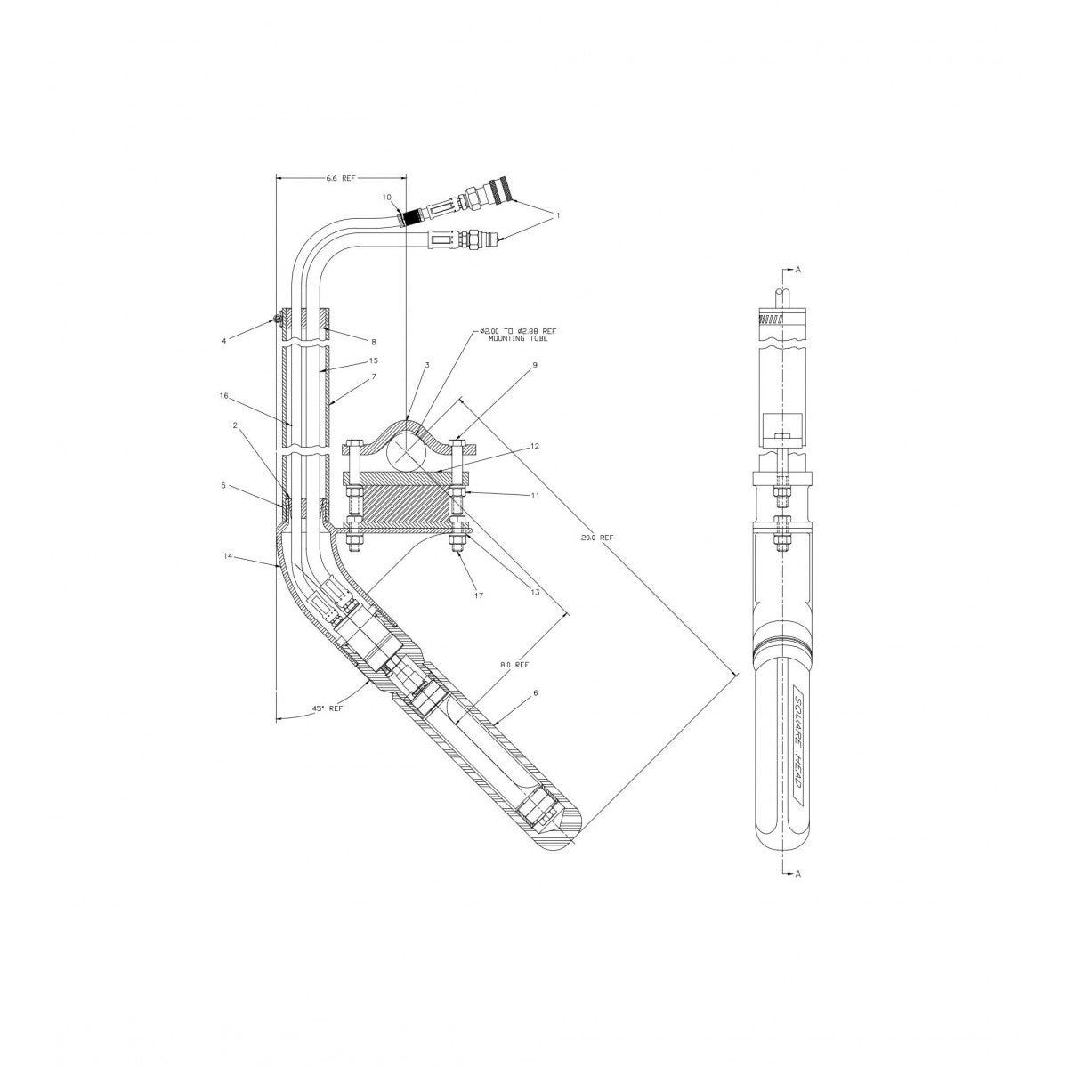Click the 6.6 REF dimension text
coord(340,178)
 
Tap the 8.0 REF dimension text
coord(514,664)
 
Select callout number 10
coord(386,196)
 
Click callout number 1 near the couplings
coord(558,215)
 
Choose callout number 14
coord(228,555)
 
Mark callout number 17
coord(479,595)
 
